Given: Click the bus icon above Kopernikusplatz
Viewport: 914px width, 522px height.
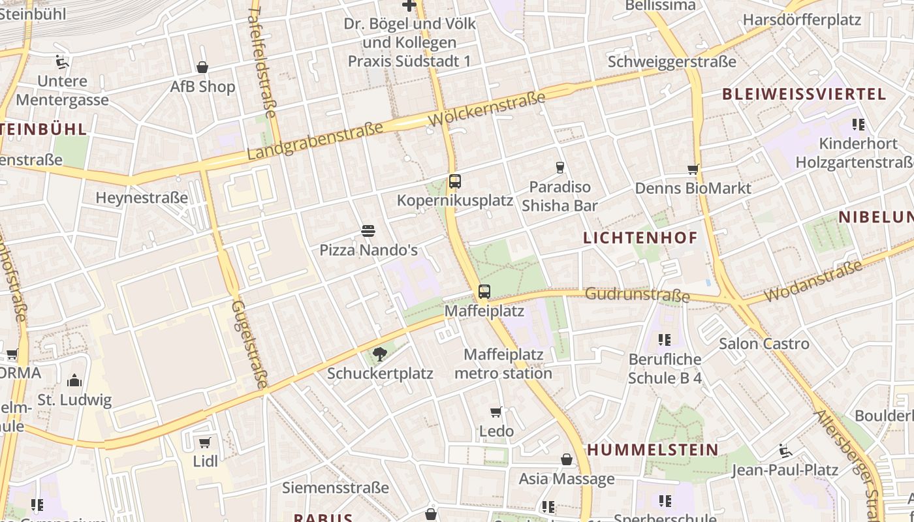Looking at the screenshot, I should tap(455, 181).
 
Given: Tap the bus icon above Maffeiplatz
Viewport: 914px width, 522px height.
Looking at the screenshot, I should tap(484, 292).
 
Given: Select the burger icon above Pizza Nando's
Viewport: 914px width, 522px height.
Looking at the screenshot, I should tap(368, 230).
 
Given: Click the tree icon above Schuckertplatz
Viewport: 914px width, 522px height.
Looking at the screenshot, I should tap(379, 354).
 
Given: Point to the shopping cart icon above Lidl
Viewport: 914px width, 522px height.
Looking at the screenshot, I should tap(205, 442).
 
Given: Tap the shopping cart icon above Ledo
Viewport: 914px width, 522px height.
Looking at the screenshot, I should tap(496, 412).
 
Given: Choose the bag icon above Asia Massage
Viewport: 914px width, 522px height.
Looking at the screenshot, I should tap(567, 459).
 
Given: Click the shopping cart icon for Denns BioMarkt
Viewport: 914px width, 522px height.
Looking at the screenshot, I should tap(693, 170).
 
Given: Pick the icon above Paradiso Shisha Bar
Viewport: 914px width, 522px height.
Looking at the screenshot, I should tap(559, 168).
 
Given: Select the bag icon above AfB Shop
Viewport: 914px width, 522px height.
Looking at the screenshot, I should tap(202, 67).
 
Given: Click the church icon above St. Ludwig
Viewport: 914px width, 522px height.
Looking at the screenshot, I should tap(74, 380).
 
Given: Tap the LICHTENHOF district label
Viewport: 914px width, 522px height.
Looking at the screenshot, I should tap(640, 238).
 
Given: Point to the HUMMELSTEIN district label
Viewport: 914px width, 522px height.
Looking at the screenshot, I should tap(653, 450).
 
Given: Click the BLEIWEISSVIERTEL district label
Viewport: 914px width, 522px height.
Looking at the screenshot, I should tap(804, 94).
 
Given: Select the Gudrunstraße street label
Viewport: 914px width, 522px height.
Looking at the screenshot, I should tap(637, 295).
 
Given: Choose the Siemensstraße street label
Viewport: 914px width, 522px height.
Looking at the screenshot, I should tap(335, 487).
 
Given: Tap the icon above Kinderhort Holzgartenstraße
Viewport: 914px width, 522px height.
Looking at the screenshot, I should tap(858, 124).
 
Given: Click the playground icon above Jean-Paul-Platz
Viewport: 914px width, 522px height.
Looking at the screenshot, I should tap(785, 451).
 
